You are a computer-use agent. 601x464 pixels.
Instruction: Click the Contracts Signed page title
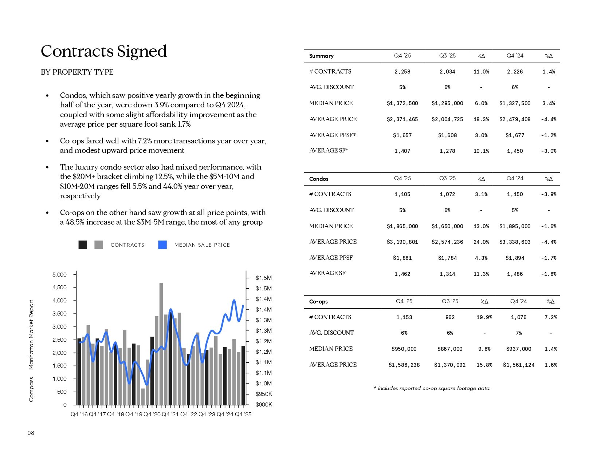point(104,51)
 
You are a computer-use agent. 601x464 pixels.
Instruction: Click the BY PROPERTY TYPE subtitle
point(77,72)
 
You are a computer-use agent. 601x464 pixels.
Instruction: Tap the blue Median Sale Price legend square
point(162,245)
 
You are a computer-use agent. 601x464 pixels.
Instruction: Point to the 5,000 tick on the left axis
point(60,274)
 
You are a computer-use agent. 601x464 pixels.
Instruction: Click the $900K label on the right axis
point(264,405)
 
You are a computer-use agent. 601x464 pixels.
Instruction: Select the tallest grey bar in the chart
point(161,344)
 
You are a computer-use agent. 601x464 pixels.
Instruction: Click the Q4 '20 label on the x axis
point(152,415)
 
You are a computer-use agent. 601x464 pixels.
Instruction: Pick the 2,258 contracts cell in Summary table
point(402,72)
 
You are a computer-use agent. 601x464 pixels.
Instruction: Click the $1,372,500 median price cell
point(402,103)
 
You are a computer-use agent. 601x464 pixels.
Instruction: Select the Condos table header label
point(319,179)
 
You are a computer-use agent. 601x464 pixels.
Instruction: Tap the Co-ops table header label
point(318,302)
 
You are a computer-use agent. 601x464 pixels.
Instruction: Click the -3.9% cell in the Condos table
point(549,194)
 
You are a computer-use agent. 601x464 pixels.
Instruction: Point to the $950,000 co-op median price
point(404,349)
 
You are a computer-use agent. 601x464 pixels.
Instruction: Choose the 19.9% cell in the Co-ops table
point(484,317)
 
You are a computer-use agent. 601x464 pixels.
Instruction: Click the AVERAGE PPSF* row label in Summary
point(333,135)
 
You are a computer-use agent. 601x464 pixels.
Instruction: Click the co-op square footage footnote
point(432,388)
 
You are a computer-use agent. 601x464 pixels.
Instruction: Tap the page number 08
point(31,433)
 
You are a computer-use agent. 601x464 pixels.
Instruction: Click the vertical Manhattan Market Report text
point(31,334)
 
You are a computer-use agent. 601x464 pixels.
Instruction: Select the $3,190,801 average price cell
point(402,242)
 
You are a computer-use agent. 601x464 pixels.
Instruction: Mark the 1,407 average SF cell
point(402,151)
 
